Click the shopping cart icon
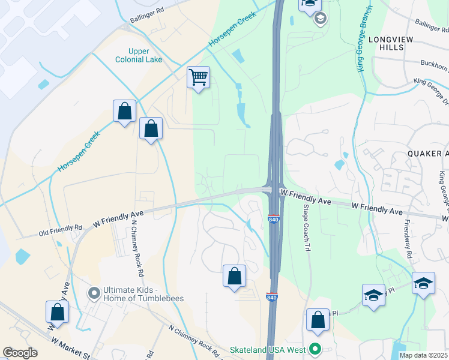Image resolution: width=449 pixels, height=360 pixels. coord(198,77)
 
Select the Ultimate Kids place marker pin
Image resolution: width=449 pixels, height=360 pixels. coord(94,293)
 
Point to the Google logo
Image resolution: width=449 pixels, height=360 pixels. coord(20,353)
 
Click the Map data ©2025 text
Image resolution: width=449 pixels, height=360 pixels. coord(423,355)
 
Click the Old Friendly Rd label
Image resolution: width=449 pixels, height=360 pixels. coord(60,229)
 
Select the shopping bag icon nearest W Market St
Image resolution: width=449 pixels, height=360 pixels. coord(57,312)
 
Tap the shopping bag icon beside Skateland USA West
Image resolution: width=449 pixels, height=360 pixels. coord(318,320)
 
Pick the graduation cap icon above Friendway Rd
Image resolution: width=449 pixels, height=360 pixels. coord(423,283)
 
